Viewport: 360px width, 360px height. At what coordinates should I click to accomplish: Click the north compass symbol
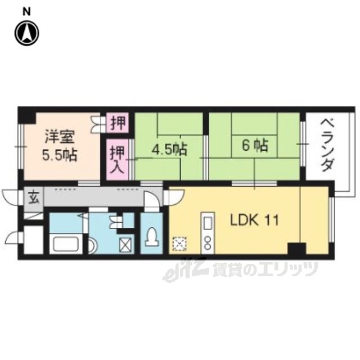(x=27, y=33)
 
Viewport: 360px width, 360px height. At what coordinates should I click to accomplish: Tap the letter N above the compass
(x=26, y=10)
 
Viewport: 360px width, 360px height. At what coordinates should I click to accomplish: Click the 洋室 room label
(x=58, y=137)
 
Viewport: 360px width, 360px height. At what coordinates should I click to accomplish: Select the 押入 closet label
(x=117, y=159)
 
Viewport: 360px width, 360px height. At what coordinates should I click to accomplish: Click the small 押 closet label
(x=119, y=121)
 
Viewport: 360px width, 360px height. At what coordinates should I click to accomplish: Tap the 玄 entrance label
(x=33, y=197)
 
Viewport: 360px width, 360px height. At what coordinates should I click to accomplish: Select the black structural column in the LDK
(x=296, y=248)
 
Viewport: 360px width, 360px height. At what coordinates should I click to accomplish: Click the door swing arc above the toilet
(x=151, y=202)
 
